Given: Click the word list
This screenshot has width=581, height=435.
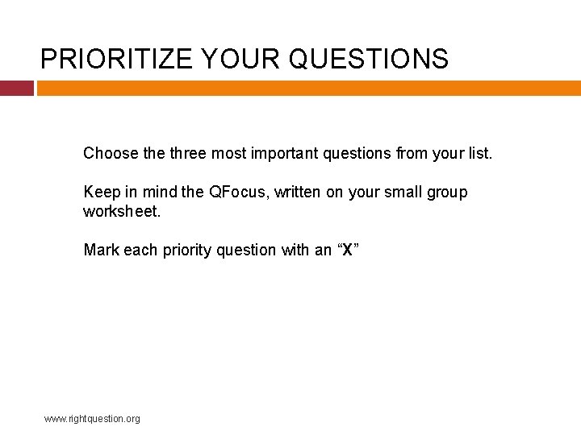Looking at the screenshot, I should click(x=478, y=153).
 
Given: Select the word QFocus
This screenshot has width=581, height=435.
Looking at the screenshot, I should click(x=234, y=193).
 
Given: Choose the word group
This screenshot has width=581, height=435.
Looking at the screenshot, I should click(x=445, y=193).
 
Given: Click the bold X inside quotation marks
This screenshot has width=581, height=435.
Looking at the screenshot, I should click(x=347, y=251).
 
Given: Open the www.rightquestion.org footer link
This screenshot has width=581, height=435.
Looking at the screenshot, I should click(x=92, y=419).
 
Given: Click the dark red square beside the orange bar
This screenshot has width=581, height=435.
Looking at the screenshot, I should click(x=16, y=88).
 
